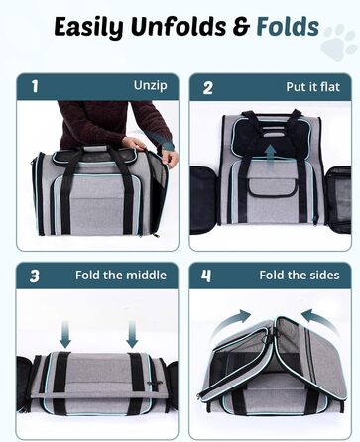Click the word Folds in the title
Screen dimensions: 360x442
(288, 27)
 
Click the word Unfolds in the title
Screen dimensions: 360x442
(179, 27)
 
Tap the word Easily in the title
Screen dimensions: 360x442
(89, 28)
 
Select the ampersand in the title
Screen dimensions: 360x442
(242, 27)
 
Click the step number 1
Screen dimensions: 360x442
(35, 86)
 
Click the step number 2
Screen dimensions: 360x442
(208, 88)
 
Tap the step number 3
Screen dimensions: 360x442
(35, 276)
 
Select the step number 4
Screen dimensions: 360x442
(206, 276)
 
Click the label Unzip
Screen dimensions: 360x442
(151, 85)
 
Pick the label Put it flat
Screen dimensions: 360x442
(312, 87)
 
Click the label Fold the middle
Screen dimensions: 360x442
(121, 276)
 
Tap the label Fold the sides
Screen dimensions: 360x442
(300, 276)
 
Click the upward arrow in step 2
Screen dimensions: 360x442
(271, 154)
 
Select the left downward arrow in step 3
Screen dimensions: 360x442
(65, 334)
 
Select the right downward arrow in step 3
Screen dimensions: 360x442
(132, 334)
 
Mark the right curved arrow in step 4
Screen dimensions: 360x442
(320, 321)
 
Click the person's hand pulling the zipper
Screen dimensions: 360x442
(169, 159)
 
